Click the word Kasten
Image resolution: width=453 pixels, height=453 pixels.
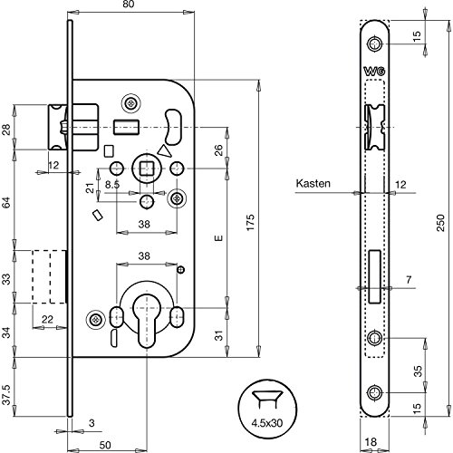click(311, 183)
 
